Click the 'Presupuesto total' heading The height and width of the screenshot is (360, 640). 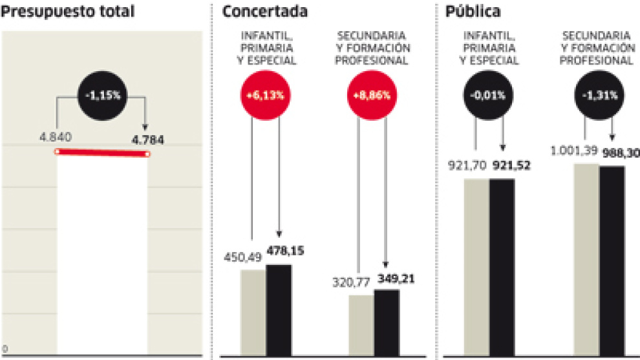67,12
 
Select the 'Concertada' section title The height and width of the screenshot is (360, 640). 264,12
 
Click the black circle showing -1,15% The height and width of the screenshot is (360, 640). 102,94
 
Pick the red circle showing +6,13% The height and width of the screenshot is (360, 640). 265,94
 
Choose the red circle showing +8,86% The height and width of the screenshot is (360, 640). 372,94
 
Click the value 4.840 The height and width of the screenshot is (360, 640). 55,137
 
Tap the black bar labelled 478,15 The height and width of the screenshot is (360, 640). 279,310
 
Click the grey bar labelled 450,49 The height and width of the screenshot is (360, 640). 253,313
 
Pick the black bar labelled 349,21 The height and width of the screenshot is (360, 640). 387,323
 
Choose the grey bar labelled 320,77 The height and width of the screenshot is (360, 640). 361,325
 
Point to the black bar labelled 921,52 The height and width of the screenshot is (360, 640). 502,267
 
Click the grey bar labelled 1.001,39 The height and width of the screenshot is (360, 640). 586,259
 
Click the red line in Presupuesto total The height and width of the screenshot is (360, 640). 102,153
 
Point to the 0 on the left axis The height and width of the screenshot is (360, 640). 5,348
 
